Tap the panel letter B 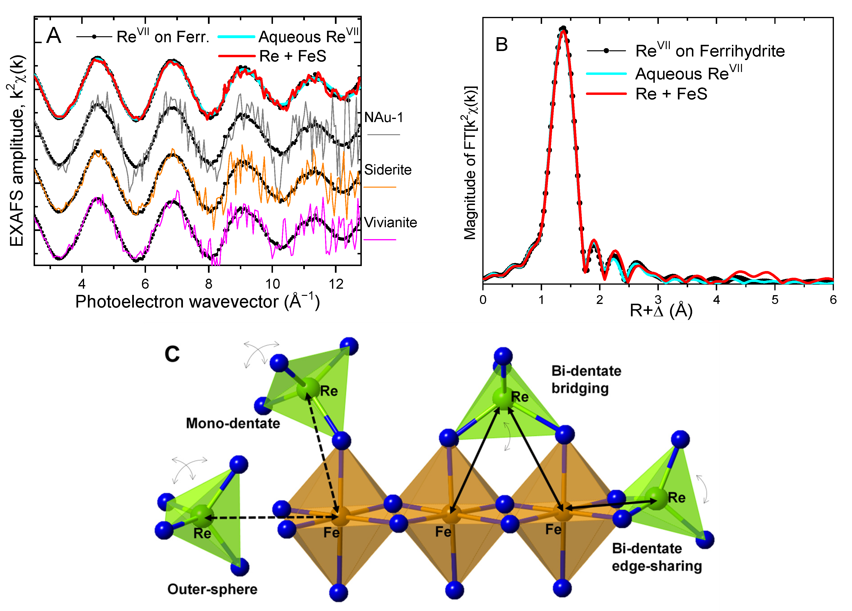(502, 45)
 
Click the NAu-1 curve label (383, 118)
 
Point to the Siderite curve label (388, 170)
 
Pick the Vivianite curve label (390, 223)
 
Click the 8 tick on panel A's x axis (208, 284)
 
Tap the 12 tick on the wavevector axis (336, 284)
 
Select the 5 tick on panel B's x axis (775, 300)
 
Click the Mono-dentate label (233, 423)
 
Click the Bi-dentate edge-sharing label (657, 557)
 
